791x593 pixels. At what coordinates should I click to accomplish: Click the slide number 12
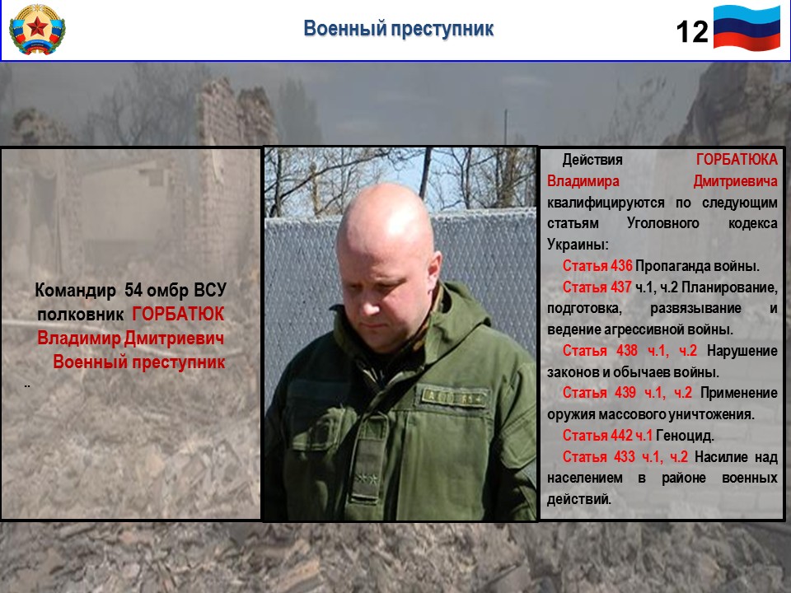tap(692, 32)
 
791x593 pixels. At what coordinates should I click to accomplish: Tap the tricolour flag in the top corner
tap(747, 28)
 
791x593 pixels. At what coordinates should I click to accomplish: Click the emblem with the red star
tap(37, 30)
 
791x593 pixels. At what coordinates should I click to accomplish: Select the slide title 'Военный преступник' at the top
tap(399, 28)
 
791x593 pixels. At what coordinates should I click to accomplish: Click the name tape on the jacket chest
tap(454, 397)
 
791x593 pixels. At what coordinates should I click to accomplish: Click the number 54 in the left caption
tap(133, 290)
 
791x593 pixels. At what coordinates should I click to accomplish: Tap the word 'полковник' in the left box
tap(80, 315)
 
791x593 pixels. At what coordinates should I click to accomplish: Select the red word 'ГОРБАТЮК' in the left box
tap(178, 314)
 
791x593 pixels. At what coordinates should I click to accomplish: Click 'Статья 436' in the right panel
tap(597, 266)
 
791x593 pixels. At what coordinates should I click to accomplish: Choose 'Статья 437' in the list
tap(597, 287)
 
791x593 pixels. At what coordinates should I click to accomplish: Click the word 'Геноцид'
tap(685, 435)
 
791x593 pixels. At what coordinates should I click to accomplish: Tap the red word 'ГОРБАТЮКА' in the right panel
tap(737, 160)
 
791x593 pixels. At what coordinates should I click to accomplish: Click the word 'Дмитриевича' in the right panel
tap(736, 181)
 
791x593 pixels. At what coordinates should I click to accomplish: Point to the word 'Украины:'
tap(578, 245)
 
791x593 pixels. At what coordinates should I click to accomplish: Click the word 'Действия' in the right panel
tap(592, 160)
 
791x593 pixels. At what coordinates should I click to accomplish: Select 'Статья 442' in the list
tap(597, 435)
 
